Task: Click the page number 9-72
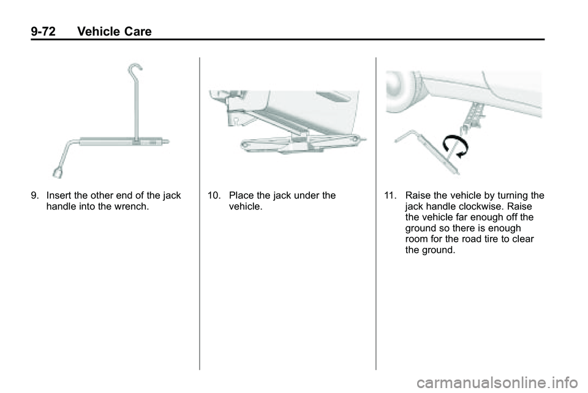point(43,31)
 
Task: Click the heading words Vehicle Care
point(115,31)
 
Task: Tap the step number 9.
point(34,195)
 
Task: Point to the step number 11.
point(390,195)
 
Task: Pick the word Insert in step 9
point(59,195)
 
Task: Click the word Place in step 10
point(241,195)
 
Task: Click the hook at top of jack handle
point(135,69)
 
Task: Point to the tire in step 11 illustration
point(402,91)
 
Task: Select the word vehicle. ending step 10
point(246,206)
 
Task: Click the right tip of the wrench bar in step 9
point(169,141)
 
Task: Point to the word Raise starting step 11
point(418,195)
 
